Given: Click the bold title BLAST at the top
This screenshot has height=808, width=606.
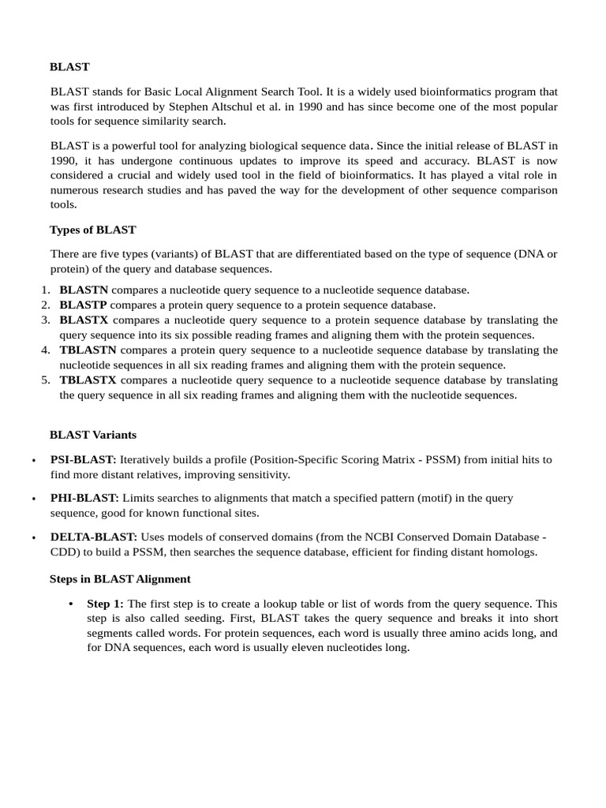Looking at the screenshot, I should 69,67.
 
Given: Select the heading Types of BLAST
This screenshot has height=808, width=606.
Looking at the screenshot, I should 92,230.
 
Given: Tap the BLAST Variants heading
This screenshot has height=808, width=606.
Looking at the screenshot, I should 92,434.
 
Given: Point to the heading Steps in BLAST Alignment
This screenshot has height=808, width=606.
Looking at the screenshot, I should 120,578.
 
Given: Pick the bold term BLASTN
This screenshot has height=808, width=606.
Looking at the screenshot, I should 84,290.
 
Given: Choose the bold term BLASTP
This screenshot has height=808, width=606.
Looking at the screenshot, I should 84,305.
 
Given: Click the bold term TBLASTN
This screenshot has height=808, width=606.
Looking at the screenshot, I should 88,350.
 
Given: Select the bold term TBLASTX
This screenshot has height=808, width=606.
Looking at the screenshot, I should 88,380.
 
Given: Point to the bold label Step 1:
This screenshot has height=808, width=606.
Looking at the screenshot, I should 106,604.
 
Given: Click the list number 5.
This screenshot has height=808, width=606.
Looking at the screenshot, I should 46,380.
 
